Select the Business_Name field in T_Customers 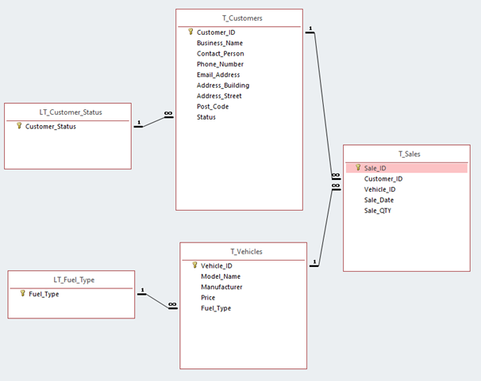[x=220, y=43]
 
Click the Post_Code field [x=213, y=106]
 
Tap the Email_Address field [x=218, y=74]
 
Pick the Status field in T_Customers [x=206, y=117]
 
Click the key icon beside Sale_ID [x=358, y=168]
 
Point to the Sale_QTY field [x=378, y=211]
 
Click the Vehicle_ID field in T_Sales [x=380, y=189]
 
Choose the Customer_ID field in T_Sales [x=383, y=179]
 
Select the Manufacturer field [x=221, y=287]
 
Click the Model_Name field [x=221, y=276]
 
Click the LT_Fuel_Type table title [x=71, y=279]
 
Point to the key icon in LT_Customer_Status [x=19, y=126]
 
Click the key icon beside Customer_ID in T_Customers [x=190, y=32]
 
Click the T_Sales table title [x=406, y=153]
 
